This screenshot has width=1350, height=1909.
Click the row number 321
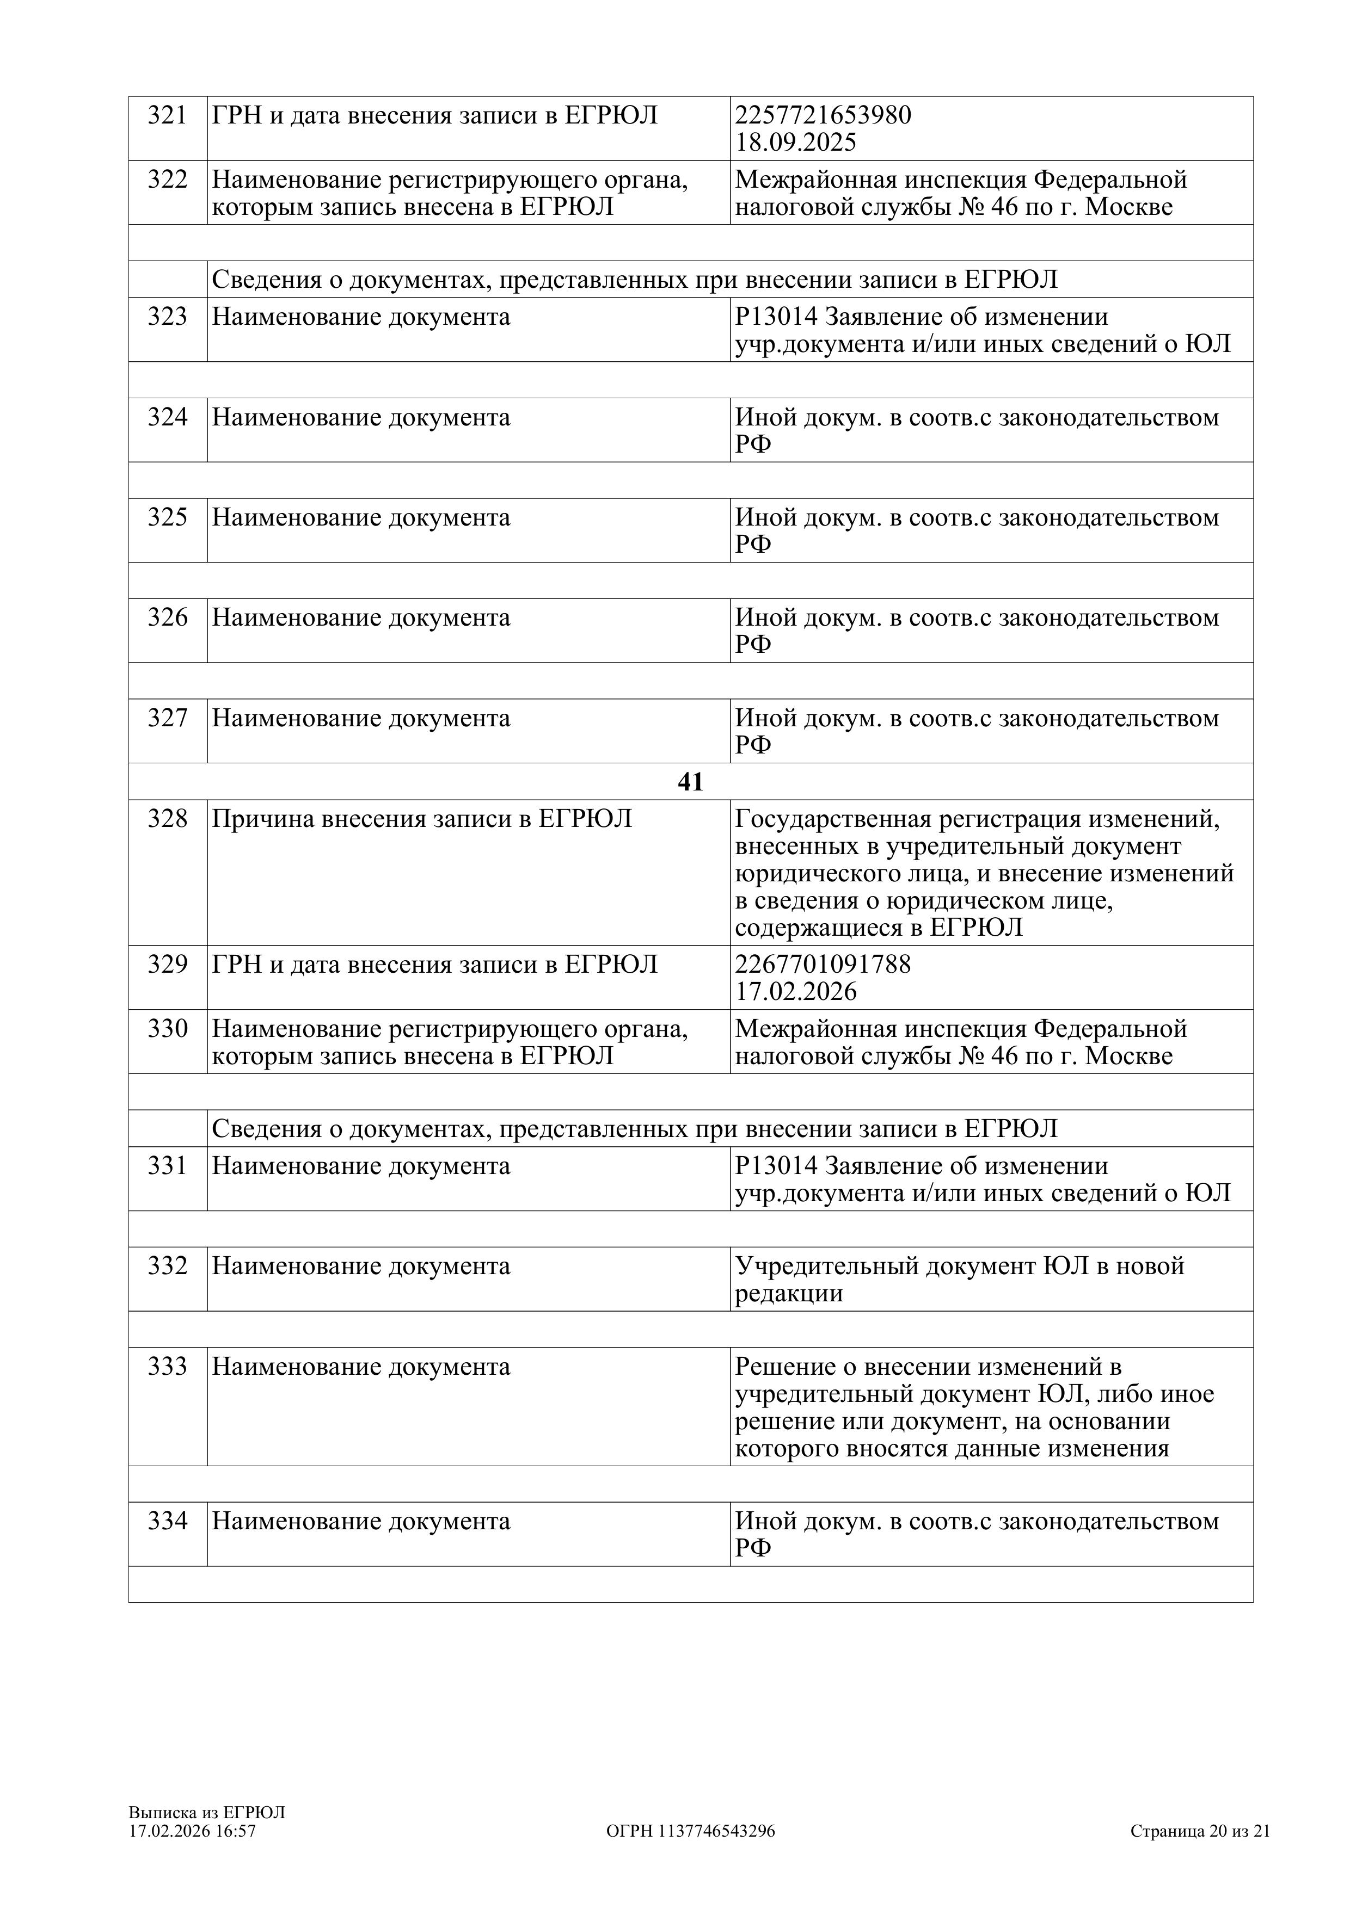tap(167, 115)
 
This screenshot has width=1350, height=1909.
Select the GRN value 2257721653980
tap(823, 115)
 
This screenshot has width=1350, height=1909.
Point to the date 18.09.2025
tap(795, 142)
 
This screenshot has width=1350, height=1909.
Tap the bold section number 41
tap(690, 782)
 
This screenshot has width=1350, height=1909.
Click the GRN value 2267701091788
tap(823, 965)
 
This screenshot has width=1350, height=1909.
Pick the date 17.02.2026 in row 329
tap(795, 992)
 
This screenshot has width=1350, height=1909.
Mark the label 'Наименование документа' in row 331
tap(360, 1166)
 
